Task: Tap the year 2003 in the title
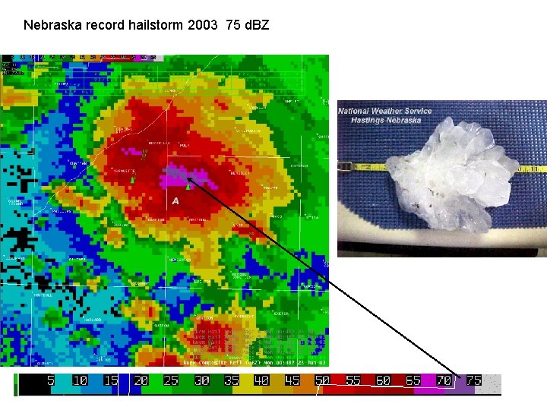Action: [x=204, y=25]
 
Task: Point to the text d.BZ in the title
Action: [x=255, y=25]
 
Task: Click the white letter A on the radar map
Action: [x=175, y=200]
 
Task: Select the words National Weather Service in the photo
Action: [x=384, y=112]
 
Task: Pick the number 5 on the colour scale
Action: [x=51, y=380]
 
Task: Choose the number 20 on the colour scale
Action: [x=141, y=380]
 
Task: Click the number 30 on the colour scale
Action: [x=201, y=380]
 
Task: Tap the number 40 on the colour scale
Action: [x=261, y=380]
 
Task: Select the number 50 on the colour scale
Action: [x=322, y=380]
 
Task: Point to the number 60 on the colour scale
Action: [x=382, y=380]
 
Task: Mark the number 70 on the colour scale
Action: [x=443, y=380]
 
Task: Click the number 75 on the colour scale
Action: [x=473, y=380]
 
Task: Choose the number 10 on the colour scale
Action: [x=80, y=380]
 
